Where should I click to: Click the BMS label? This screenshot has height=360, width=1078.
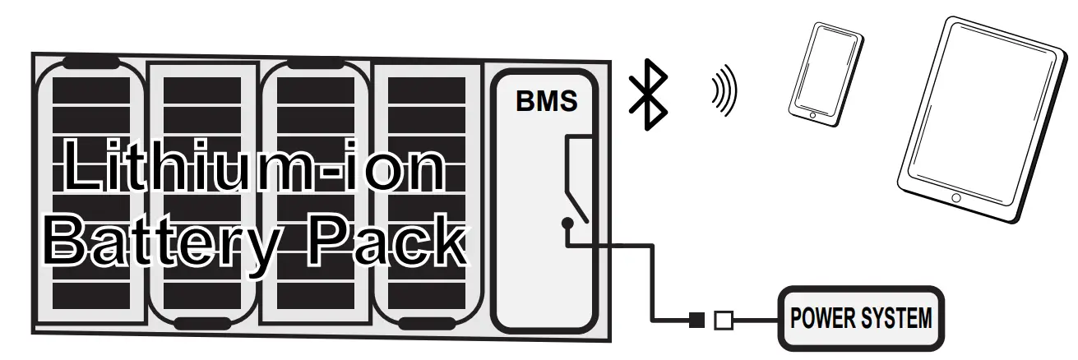pos(546,101)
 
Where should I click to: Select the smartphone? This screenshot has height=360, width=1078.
pos(826,74)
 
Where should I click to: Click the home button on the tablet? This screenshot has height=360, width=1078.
pos(955,198)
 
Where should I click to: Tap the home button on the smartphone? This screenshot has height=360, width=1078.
pos(812,115)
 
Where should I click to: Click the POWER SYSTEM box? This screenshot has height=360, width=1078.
pos(860,318)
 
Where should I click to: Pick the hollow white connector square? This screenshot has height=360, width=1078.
pos(724,320)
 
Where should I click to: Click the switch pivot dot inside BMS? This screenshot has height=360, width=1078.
pos(567,223)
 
